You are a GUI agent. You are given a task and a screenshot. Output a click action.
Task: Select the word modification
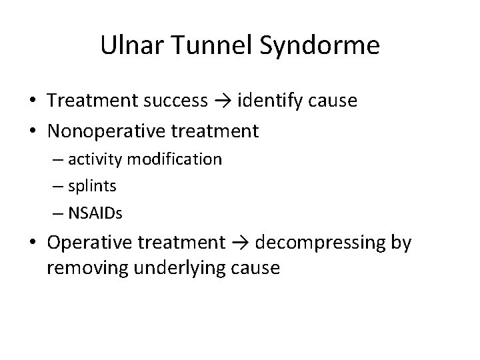pos(176,160)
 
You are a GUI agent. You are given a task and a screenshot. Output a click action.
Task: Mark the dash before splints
pos(71,187)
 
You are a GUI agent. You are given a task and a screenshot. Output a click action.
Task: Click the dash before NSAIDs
pos(71,213)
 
